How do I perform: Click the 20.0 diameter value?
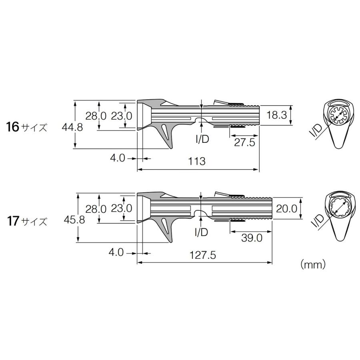(x=286, y=208)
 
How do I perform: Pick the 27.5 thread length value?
(x=244, y=142)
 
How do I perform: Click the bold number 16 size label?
(x=12, y=127)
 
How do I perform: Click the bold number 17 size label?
(x=12, y=220)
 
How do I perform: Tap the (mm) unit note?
(x=312, y=264)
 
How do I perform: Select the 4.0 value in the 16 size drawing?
(x=118, y=158)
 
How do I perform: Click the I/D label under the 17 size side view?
(x=201, y=232)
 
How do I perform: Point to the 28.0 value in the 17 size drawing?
(x=95, y=209)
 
